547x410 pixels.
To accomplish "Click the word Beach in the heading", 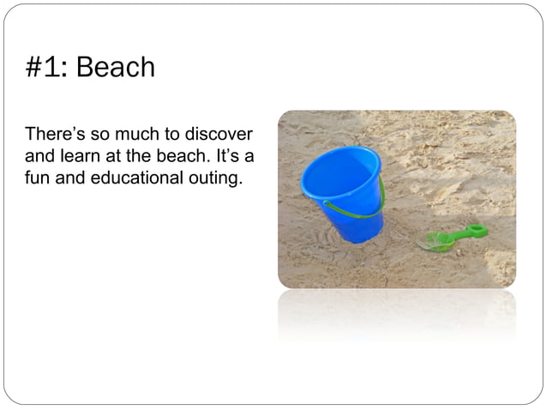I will tap(116, 68).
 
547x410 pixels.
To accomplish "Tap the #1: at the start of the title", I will tap(47, 68).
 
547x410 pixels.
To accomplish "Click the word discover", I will tap(220, 136).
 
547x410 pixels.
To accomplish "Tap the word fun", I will tap(37, 180).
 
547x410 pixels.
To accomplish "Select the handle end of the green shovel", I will tap(476, 230).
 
